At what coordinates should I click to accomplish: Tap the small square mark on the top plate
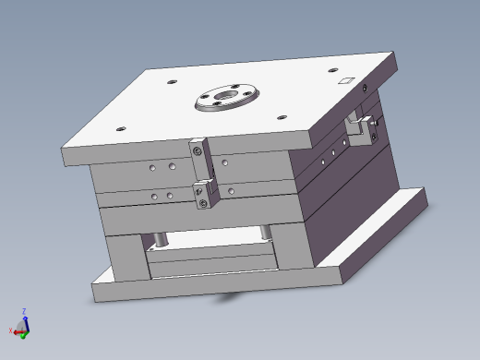tap(346, 80)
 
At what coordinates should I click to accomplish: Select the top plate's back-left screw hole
tap(173, 81)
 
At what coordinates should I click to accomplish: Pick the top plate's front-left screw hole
tap(119, 128)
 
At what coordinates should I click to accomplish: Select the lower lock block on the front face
tap(203, 195)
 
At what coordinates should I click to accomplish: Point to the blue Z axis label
tap(24, 311)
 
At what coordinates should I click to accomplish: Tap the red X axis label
tap(10, 330)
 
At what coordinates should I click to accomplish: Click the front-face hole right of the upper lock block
tap(224, 163)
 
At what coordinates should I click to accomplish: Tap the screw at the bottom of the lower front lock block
tap(201, 204)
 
